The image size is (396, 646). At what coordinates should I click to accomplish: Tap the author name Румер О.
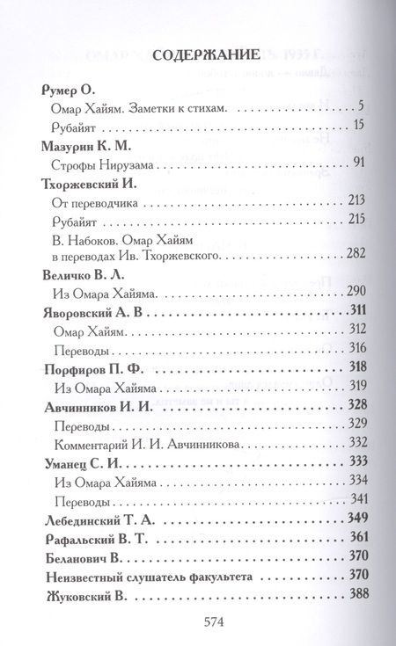[x=69, y=91]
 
